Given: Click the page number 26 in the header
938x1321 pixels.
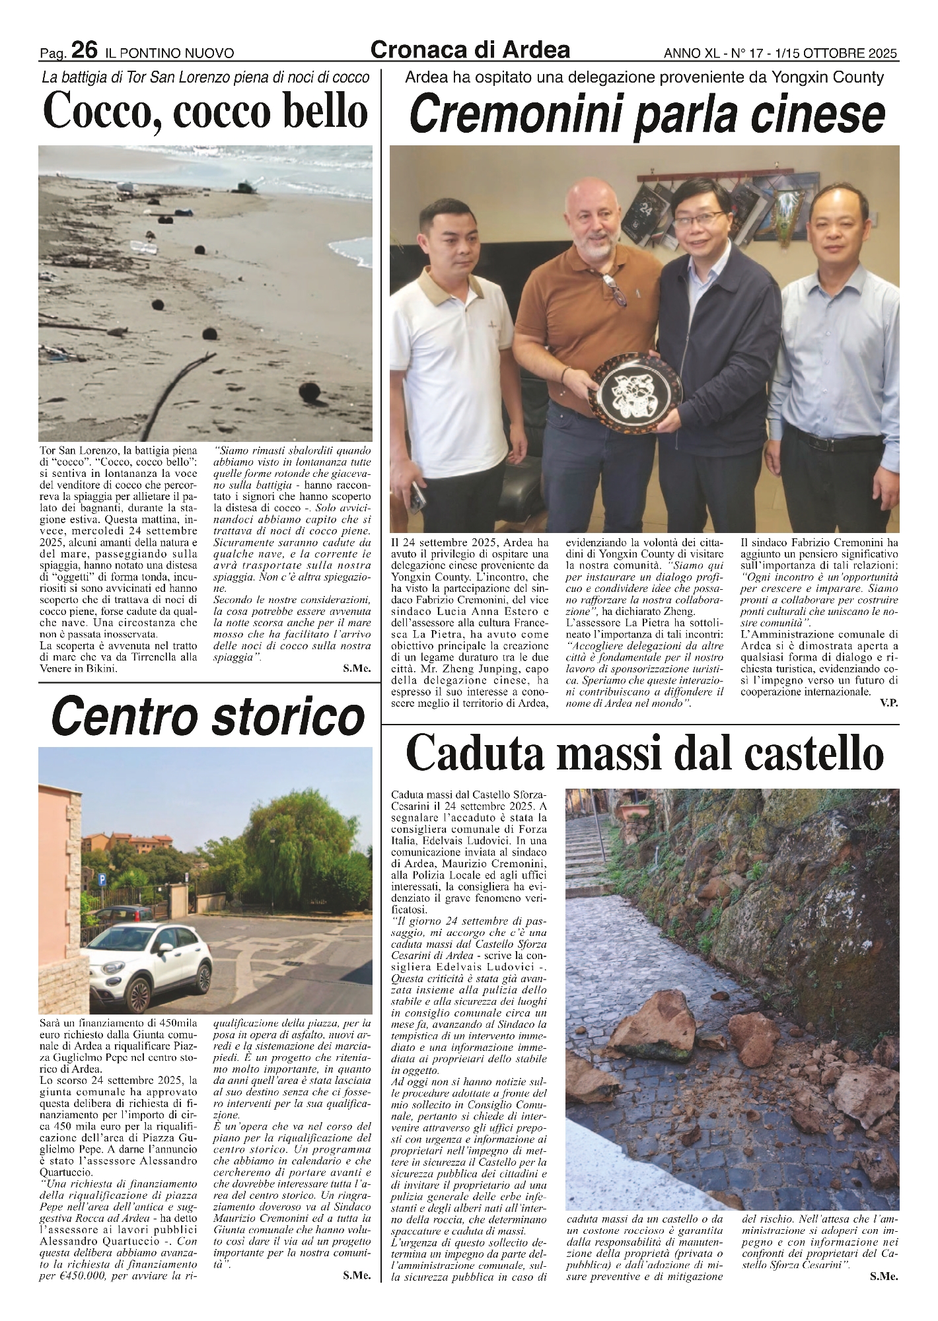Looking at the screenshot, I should (x=85, y=50).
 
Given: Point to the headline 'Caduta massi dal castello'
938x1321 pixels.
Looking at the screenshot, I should (x=644, y=754).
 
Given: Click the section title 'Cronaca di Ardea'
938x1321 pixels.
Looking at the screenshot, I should (x=470, y=50).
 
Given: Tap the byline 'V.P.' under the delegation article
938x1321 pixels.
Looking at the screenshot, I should (x=888, y=704).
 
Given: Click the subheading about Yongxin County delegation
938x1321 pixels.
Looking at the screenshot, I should (x=644, y=78).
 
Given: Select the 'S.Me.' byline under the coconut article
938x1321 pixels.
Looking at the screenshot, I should (x=357, y=669).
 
